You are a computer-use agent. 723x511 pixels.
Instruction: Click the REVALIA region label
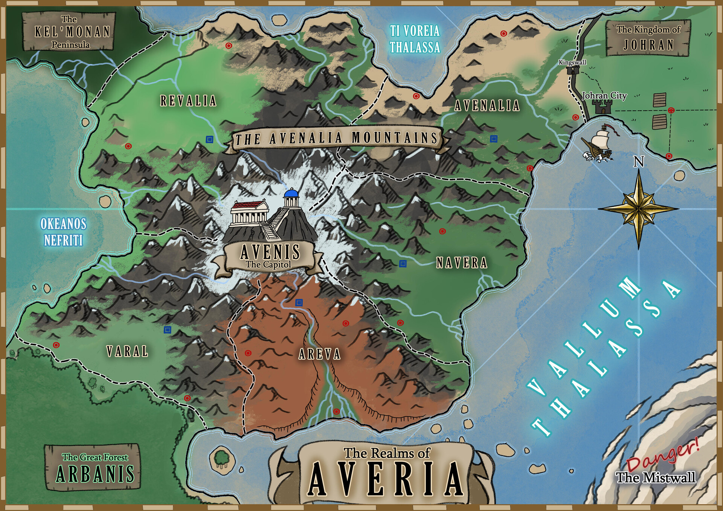[188, 101]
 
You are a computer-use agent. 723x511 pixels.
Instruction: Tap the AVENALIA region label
[487, 105]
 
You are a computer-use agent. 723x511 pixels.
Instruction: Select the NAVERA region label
[462, 263]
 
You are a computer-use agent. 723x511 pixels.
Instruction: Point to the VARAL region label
[127, 352]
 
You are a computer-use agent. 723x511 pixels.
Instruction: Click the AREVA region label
[319, 354]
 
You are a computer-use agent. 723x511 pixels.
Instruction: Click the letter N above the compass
[639, 162]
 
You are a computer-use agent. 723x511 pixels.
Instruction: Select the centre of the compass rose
[639, 208]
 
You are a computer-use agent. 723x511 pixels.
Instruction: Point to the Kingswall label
[572, 62]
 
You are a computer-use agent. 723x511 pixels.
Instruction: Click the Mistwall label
[656, 477]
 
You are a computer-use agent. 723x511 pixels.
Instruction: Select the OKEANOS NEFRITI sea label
[63, 232]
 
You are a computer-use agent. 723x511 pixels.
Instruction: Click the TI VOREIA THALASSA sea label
[415, 39]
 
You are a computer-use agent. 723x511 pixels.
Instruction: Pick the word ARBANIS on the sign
[95, 474]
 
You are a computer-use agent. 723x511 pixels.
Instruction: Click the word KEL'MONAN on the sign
[72, 32]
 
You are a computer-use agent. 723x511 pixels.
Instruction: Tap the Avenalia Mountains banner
[336, 139]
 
